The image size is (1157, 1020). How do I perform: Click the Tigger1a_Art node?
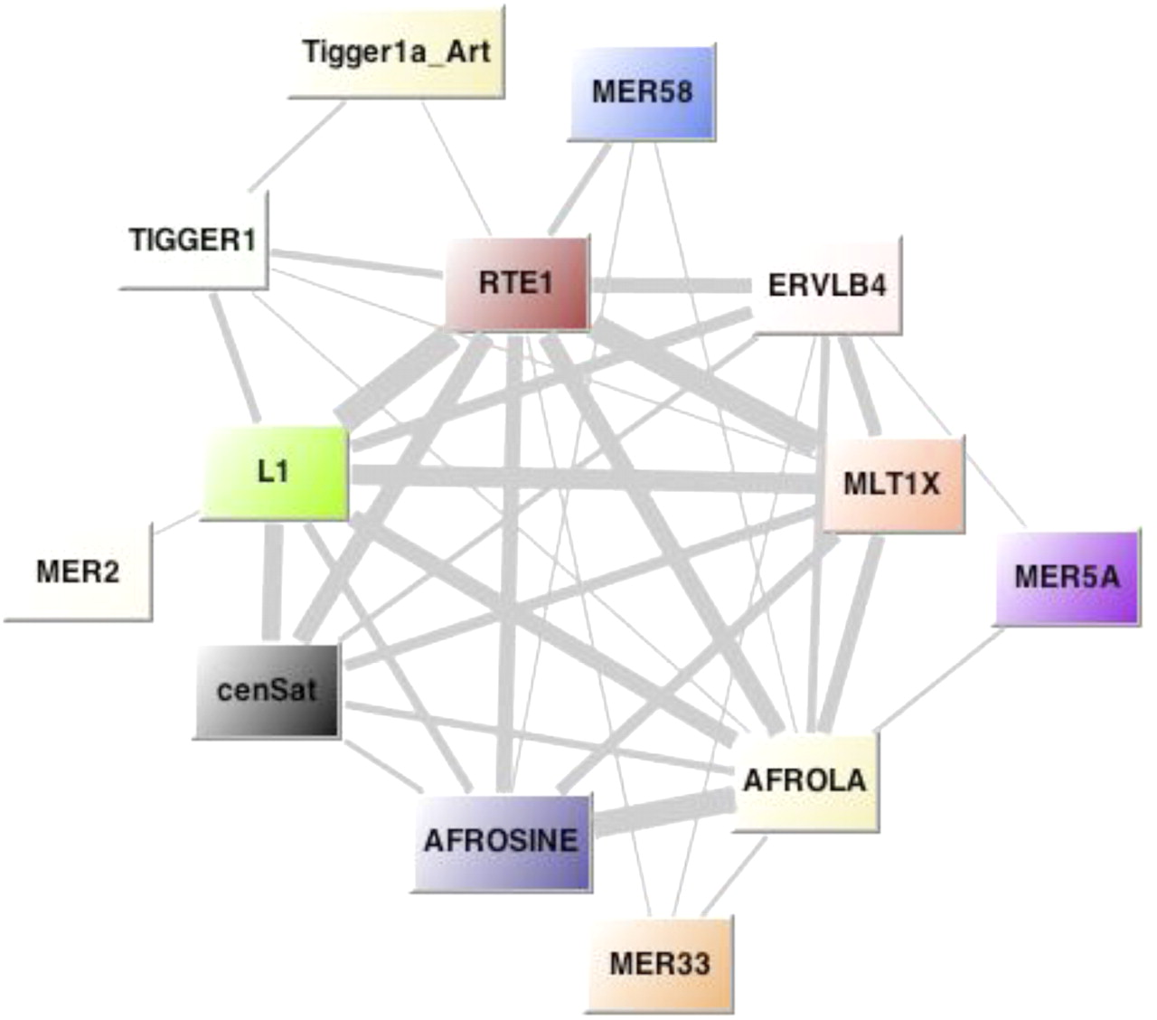click(x=396, y=52)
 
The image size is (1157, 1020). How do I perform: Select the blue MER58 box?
click(x=642, y=91)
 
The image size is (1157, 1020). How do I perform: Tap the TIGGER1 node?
click(x=193, y=241)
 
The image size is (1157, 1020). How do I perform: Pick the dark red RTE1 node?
click(x=516, y=283)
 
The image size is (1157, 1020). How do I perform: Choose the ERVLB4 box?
click(x=826, y=286)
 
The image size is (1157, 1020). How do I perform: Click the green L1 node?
click(x=273, y=472)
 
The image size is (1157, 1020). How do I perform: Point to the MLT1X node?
click(x=891, y=484)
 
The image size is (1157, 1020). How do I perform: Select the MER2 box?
click(x=78, y=571)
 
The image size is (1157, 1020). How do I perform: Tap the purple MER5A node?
click(x=1067, y=577)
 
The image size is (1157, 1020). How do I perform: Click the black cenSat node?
click(x=267, y=691)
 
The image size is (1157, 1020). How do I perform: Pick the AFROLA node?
click(x=804, y=780)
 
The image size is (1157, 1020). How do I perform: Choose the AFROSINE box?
click(x=501, y=841)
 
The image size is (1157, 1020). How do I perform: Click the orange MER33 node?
click(x=659, y=963)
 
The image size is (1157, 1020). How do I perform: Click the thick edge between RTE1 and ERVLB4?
click(x=671, y=285)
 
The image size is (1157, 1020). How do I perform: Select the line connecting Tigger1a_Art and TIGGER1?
click(x=296, y=146)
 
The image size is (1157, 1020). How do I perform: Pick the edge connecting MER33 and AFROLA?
click(x=734, y=875)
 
